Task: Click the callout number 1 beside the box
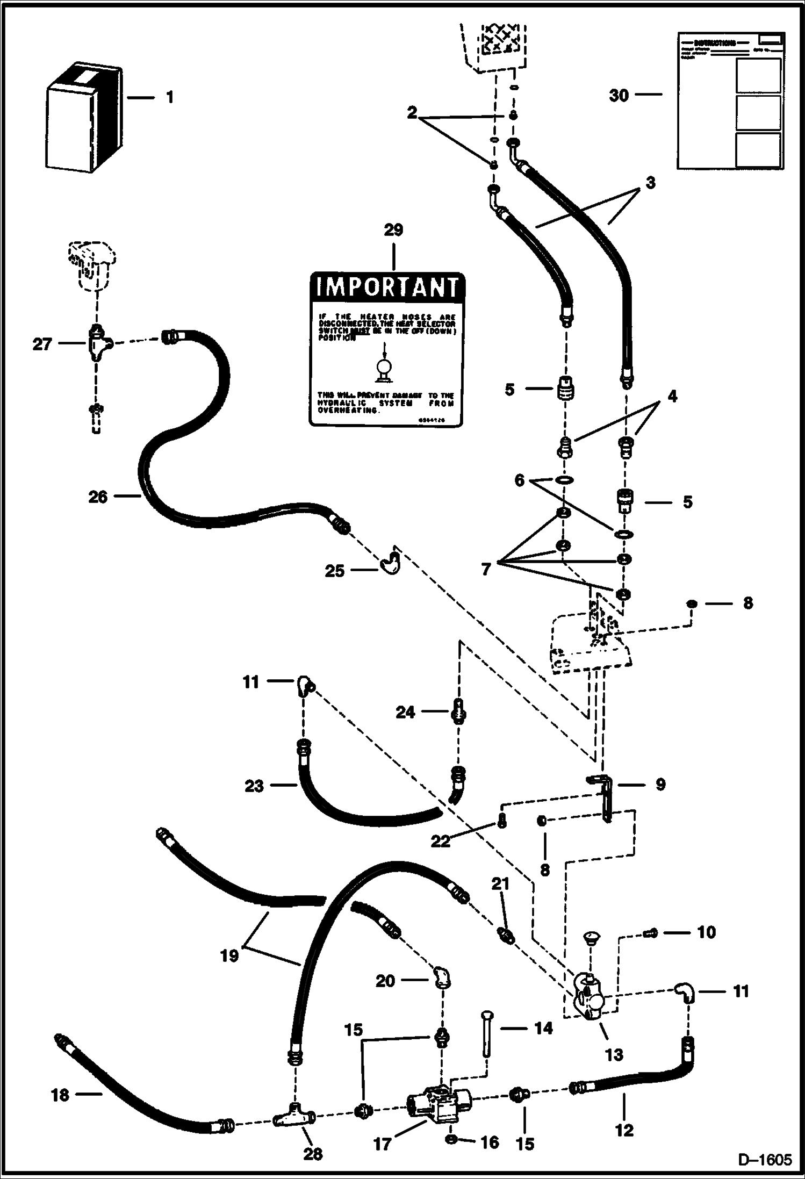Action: (x=170, y=98)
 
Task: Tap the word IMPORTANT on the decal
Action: (x=386, y=287)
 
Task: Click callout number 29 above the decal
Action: (x=393, y=230)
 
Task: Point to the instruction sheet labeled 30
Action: (x=730, y=102)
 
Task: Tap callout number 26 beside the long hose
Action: (x=98, y=497)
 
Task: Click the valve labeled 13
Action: (x=590, y=1000)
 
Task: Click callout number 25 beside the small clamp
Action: (x=334, y=571)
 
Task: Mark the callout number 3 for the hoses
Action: (x=651, y=183)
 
